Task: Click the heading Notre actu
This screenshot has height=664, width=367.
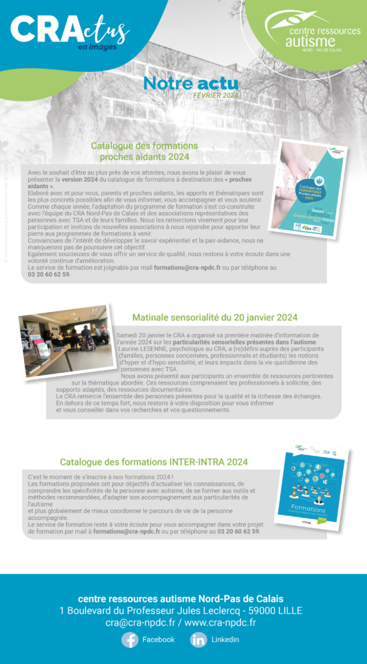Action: [191, 84]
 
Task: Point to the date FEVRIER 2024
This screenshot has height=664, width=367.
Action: [216, 95]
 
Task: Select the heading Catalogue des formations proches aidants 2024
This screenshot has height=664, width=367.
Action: [144, 151]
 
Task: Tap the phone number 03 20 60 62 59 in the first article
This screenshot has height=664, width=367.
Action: [49, 274]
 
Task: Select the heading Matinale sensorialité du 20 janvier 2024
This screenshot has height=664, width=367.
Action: [215, 318]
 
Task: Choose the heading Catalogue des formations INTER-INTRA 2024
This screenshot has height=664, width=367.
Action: [154, 462]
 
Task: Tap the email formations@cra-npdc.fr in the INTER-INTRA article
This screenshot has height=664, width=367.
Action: [126, 531]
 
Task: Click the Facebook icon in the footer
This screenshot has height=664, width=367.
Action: [130, 639]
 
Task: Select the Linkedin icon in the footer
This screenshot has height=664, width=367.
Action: [198, 639]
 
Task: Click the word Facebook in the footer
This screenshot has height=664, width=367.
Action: [158, 639]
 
